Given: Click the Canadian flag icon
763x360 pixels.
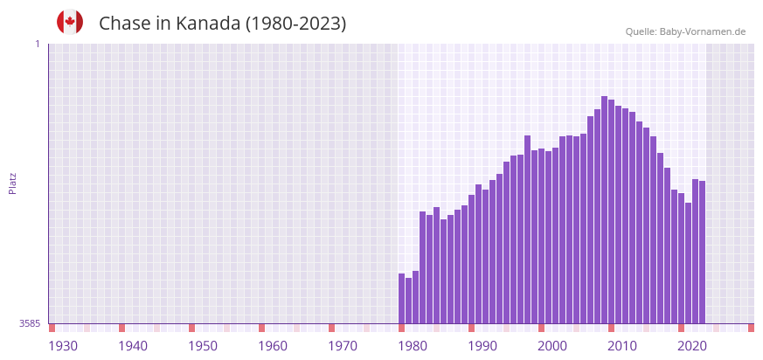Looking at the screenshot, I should (70, 23).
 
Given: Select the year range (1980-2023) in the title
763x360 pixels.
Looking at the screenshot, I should (295, 24).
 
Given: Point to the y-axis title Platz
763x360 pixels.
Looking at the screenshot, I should (12, 183).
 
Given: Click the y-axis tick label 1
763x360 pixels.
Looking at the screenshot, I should (37, 44).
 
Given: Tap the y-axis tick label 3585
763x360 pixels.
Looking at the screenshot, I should (30, 323).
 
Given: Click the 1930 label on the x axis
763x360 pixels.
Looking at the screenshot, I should (63, 346).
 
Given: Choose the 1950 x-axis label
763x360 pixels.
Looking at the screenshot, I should (203, 346).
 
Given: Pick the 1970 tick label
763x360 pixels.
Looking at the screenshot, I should (343, 346).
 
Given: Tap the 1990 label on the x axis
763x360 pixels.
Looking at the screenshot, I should (482, 346).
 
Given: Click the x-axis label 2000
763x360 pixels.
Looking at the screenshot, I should (552, 346).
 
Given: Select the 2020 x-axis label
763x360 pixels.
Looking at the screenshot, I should (692, 346).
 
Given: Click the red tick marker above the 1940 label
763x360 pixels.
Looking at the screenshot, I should (121, 328).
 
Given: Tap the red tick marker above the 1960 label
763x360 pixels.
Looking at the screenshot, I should (261, 328).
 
